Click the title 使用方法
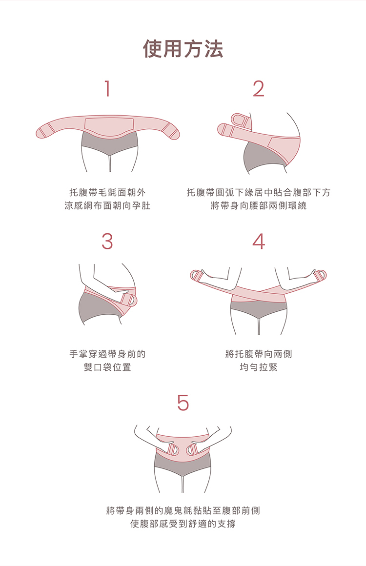[x=183, y=49]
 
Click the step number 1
[x=107, y=89]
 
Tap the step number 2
[x=259, y=89]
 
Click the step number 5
[x=183, y=403]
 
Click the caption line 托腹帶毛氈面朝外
[x=107, y=192]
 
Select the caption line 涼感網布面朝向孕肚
[x=107, y=206]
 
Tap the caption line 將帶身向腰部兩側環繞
[x=259, y=206]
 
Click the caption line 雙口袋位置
[x=107, y=367]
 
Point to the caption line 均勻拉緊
[x=259, y=367]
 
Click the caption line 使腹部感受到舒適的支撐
[x=183, y=525]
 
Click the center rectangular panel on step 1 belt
[x=109, y=124]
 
